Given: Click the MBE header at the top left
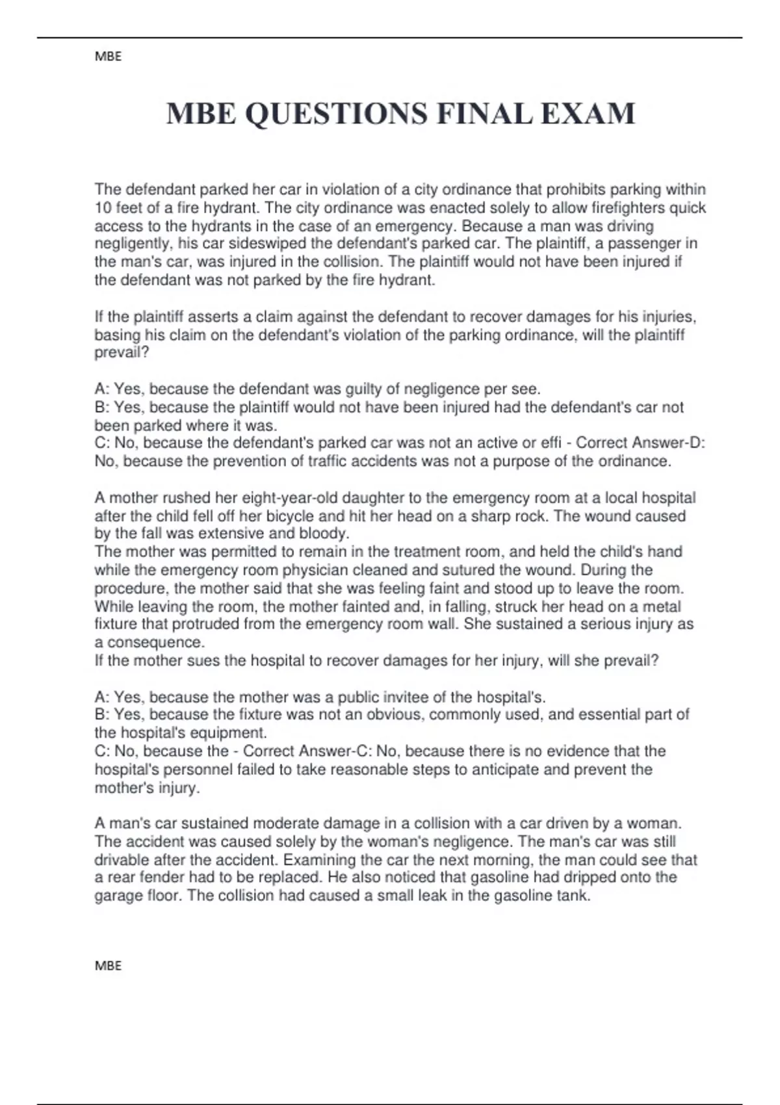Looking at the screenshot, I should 108,57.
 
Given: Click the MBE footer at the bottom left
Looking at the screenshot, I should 108,966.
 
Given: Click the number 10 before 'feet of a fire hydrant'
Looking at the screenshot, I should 103,208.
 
